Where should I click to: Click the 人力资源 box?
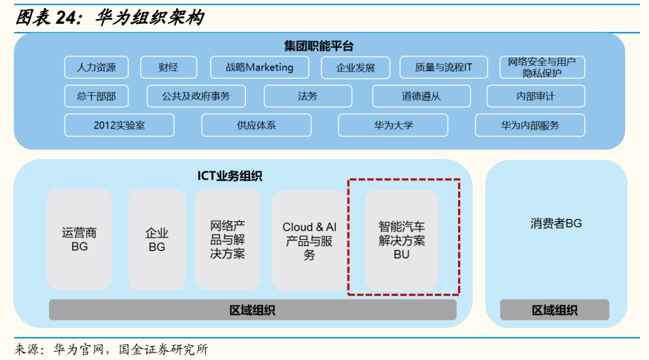click(96, 68)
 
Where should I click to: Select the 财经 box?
click(168, 68)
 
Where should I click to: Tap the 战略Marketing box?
click(259, 68)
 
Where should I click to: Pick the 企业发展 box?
click(356, 68)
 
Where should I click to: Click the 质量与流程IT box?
click(443, 68)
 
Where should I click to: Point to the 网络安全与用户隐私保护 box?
click(542, 67)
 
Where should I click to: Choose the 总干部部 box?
click(96, 96)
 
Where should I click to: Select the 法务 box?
click(307, 96)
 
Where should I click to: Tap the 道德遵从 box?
click(421, 96)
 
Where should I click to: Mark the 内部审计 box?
click(535, 96)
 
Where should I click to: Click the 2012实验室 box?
click(119, 125)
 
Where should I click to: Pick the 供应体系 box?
click(256, 125)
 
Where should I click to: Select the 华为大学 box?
click(393, 125)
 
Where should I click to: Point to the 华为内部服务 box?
click(529, 125)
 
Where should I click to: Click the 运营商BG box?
click(79, 239)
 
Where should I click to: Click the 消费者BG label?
click(556, 223)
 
